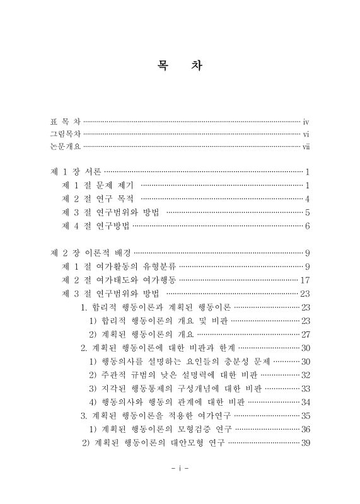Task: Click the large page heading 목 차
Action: [179, 66]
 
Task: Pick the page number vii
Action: [305, 146]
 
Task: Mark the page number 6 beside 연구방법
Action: [307, 226]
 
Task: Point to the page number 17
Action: [306, 280]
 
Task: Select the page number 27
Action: [305, 334]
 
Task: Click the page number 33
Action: [305, 388]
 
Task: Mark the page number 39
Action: [305, 443]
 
